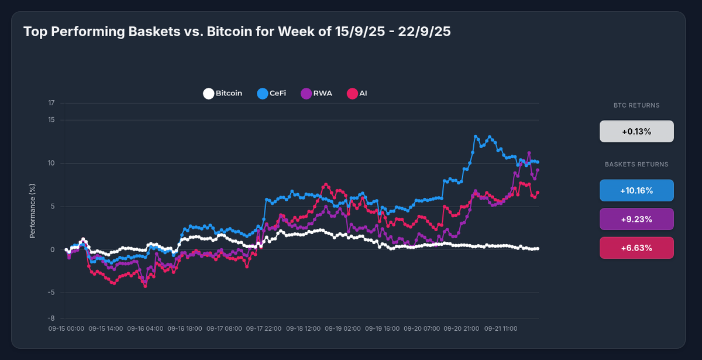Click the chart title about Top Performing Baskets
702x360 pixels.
[x=237, y=32]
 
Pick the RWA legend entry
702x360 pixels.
[x=316, y=93]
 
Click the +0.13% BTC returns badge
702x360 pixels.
[x=636, y=132]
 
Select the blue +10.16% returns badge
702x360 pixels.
[x=636, y=190]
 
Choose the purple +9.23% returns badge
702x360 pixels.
[x=636, y=219]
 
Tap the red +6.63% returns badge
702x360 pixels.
[x=636, y=248]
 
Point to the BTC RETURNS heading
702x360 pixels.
[x=636, y=106]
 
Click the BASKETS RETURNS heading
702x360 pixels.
[x=636, y=164]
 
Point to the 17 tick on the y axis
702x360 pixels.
[x=51, y=104]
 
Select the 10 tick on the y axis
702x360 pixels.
[x=51, y=163]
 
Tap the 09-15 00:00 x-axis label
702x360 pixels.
[x=66, y=329]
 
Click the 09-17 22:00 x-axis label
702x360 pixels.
[x=264, y=329]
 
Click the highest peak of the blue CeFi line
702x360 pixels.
[x=476, y=136]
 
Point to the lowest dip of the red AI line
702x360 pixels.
[x=145, y=286]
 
